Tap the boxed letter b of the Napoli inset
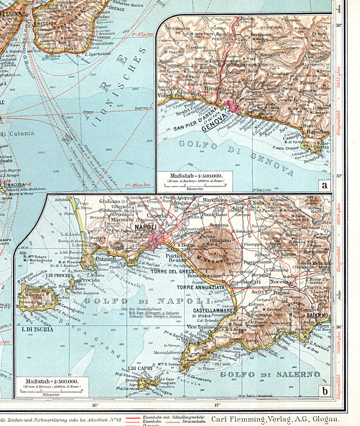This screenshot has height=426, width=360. (x=324, y=391)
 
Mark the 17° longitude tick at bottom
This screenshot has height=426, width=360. (x=217, y=406)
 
